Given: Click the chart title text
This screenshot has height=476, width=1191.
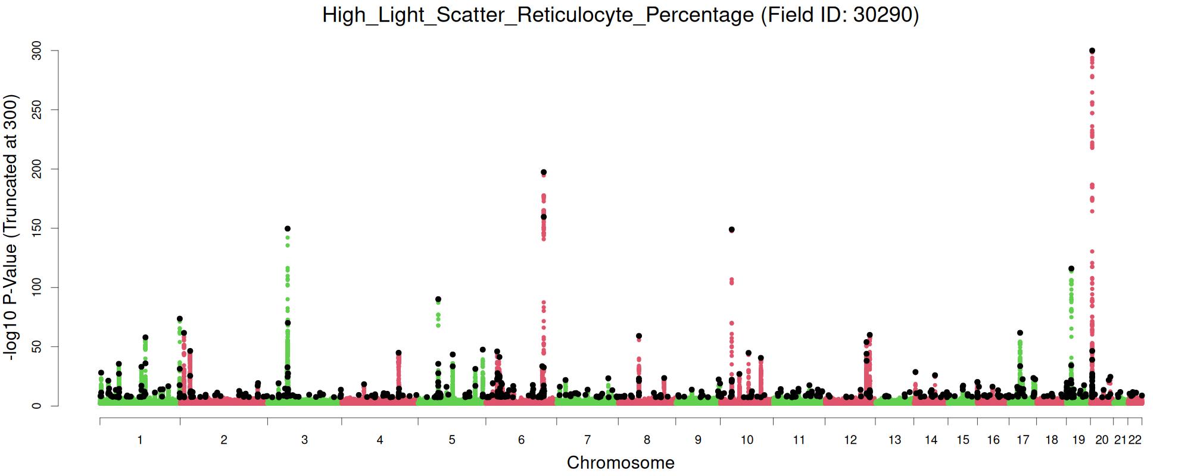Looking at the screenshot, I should (x=621, y=15).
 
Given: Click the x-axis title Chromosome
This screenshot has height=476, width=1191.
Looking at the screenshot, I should (x=621, y=462).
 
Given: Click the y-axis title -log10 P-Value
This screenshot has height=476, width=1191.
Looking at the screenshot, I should (x=11, y=227).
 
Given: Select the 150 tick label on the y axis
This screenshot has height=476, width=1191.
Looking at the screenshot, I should (x=37, y=228).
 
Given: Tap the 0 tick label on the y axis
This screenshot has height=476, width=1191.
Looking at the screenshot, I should (x=37, y=406).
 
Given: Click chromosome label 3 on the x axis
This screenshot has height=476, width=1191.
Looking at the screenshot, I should (x=304, y=440).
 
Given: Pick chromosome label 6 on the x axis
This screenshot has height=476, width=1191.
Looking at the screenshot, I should (x=521, y=440).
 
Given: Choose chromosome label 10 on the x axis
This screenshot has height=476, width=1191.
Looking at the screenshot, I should (x=747, y=440).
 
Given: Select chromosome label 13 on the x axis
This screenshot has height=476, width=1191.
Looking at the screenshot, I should (x=894, y=440).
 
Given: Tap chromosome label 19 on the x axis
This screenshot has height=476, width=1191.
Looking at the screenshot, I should (x=1078, y=440).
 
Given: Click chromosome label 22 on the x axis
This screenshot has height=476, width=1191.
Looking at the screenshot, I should (x=1135, y=440).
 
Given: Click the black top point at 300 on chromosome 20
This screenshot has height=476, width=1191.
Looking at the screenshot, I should (x=1092, y=51).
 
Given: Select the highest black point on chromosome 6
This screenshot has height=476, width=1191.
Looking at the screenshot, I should (x=543, y=173).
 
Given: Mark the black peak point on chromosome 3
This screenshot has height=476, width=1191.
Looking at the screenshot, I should (x=288, y=228).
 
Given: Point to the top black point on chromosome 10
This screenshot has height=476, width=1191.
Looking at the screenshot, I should (x=732, y=230).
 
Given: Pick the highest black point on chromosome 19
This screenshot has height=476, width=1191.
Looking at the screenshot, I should (x=1071, y=269).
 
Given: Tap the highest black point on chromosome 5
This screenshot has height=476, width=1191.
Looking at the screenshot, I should (x=438, y=299).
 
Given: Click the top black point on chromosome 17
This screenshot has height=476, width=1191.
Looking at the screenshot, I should (x=1020, y=333).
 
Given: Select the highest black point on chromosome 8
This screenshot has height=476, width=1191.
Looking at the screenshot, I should (x=639, y=336).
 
